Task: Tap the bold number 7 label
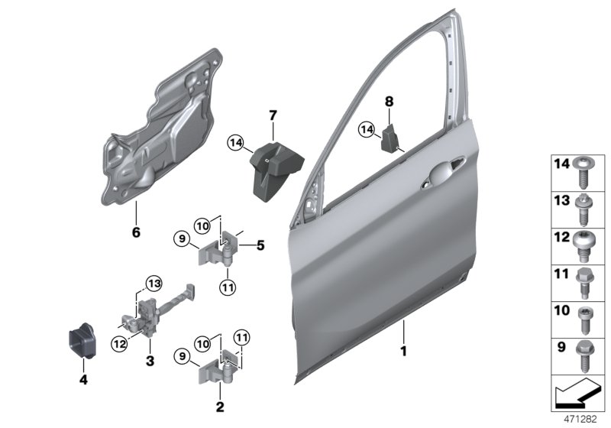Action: (271, 115)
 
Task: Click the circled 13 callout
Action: (153, 284)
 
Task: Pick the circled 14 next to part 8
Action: (367, 131)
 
